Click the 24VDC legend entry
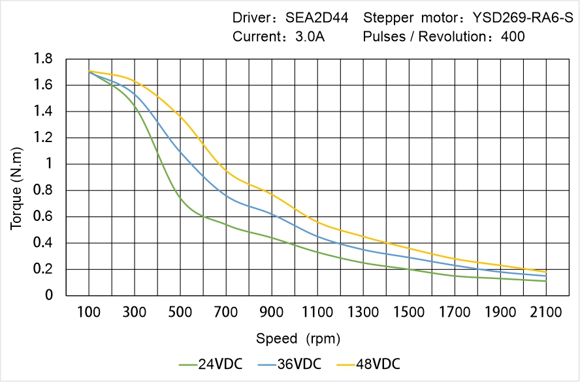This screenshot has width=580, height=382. pos(210,364)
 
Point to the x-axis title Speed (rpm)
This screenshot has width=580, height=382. pos(298,338)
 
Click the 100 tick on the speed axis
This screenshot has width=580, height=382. pos(89,312)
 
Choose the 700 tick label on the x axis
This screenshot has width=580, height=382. pos(226,312)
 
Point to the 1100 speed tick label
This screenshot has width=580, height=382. pos(317,312)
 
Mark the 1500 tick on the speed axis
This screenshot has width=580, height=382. pos(409,312)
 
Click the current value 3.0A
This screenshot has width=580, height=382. pos(310,37)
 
